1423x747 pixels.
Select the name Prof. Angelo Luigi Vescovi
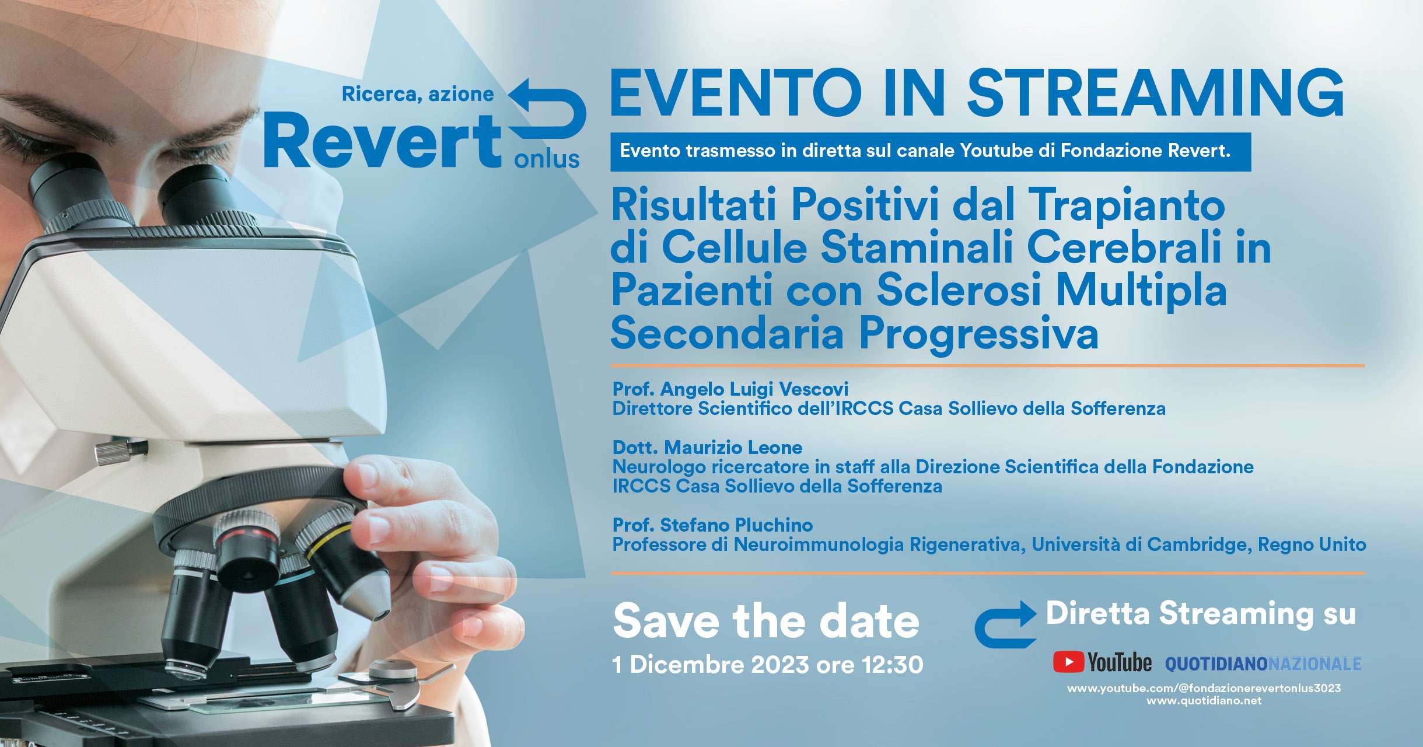click(730, 389)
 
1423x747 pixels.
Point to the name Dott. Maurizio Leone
click(707, 448)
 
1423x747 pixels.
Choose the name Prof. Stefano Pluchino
click(712, 525)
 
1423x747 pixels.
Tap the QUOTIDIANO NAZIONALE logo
click(1263, 664)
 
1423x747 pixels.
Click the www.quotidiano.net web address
click(1204, 701)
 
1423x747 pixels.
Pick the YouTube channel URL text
click(1204, 689)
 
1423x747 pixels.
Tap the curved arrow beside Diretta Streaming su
click(1005, 625)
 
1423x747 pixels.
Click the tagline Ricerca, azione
click(418, 95)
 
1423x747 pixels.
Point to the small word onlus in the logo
click(547, 159)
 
